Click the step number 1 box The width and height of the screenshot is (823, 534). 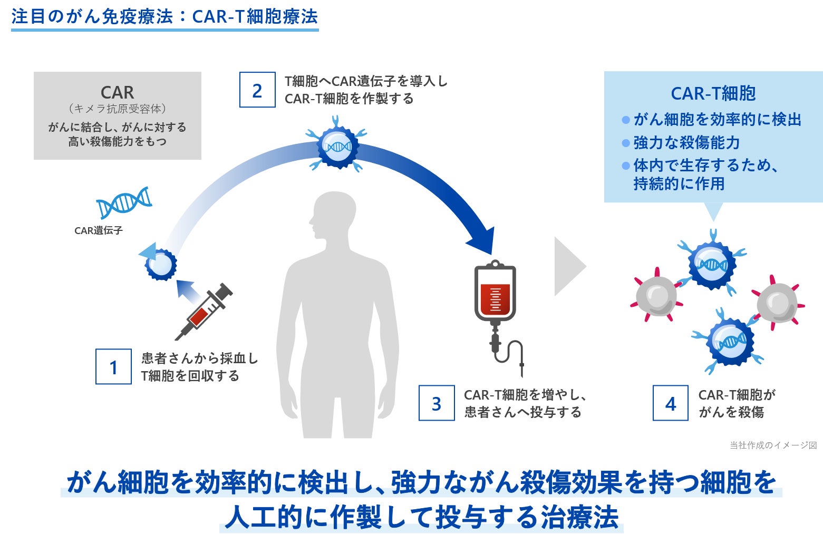[113, 366]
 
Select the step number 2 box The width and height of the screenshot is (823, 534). [257, 90]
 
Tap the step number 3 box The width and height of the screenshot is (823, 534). [437, 403]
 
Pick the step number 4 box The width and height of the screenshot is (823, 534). [670, 403]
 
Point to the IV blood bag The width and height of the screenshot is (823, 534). [495, 293]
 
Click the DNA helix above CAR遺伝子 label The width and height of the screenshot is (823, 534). [124, 202]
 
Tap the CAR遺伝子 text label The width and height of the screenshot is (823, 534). [99, 230]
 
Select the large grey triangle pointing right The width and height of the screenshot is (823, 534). [568, 266]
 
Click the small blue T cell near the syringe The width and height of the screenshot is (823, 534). [161, 264]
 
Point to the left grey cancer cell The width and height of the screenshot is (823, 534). [656, 296]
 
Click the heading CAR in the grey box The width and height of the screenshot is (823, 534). [117, 93]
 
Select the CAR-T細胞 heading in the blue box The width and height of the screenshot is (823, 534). [713, 93]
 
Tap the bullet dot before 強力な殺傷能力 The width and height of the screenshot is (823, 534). [626, 143]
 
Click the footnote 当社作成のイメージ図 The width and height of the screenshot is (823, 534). [773, 445]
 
